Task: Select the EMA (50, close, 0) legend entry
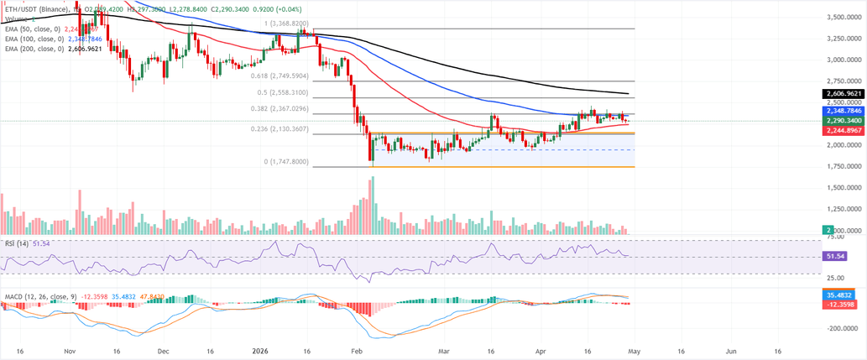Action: [34, 29]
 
